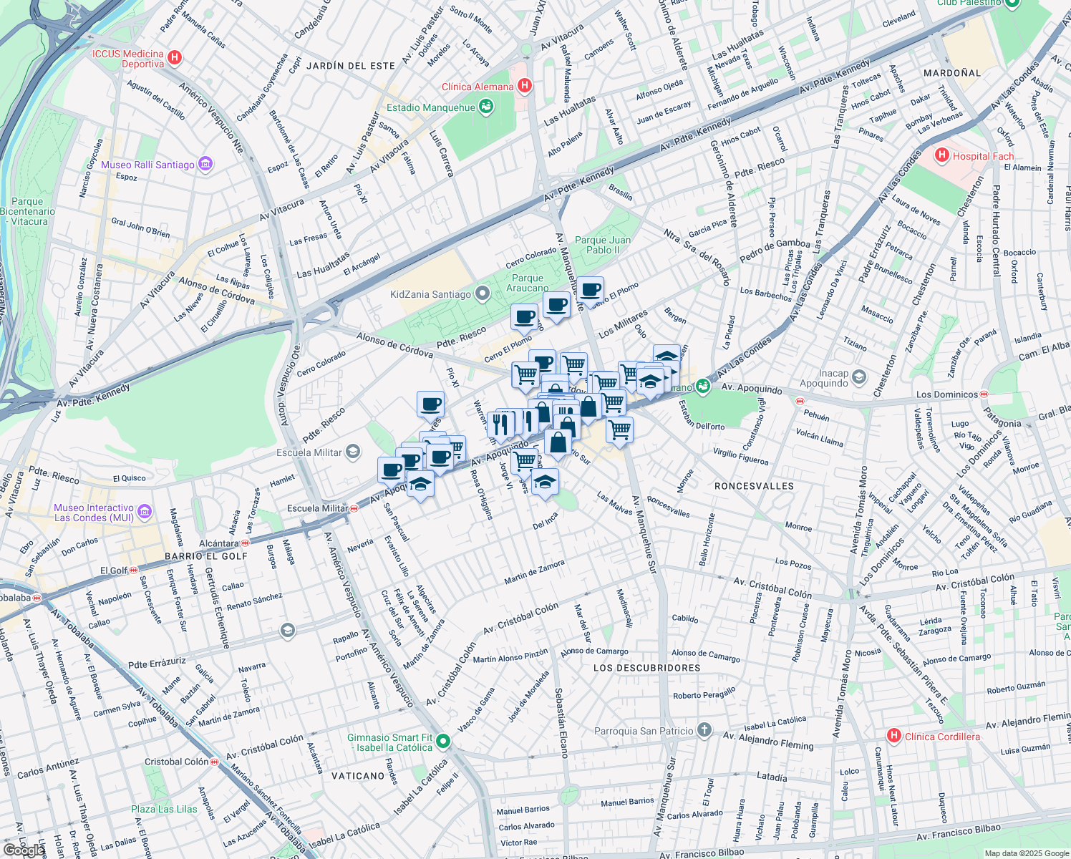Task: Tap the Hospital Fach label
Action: [983, 156]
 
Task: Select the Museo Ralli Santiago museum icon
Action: [205, 165]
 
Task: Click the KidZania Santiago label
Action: [430, 294]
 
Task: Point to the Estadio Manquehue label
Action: [430, 107]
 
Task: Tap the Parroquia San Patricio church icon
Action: [704, 730]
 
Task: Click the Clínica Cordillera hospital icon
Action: [893, 736]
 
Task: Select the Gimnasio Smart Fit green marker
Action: [443, 742]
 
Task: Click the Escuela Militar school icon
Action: [352, 452]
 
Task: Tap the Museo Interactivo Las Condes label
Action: [94, 513]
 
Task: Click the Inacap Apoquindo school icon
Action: [859, 377]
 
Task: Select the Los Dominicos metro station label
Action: [946, 394]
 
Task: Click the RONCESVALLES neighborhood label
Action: [754, 486]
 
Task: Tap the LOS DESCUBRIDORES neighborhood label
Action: [646, 668]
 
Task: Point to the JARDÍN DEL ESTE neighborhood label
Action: [351, 66]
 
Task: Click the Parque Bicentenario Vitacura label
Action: [27, 211]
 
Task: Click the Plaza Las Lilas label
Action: [164, 809]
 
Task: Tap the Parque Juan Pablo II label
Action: [603, 245]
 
